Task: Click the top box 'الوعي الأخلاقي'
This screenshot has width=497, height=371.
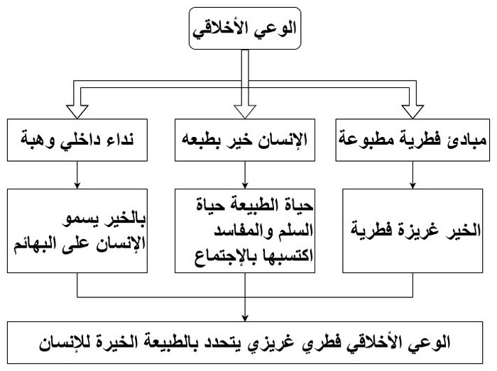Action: (244, 31)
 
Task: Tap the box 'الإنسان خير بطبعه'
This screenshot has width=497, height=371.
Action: (244, 135)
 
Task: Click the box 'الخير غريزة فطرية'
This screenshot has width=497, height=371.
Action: (413, 230)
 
